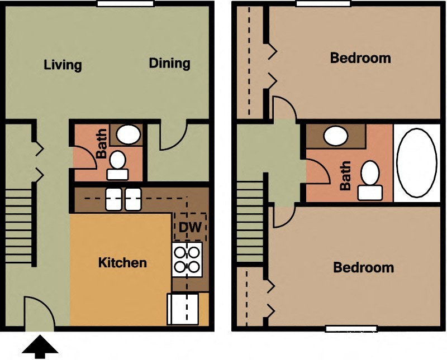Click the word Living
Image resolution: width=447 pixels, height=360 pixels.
63,65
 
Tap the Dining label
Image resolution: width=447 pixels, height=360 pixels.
169,63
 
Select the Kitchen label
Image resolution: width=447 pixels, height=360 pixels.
122,262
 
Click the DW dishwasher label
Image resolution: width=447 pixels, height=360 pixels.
190,227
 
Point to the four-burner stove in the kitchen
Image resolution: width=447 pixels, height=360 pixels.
187,260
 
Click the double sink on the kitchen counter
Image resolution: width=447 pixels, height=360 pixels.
123,199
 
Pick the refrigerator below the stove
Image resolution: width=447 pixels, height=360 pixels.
183,309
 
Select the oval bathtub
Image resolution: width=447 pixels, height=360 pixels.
416,162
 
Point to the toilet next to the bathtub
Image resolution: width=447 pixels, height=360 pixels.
370,180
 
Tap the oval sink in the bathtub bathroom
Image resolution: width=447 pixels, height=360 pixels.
336,136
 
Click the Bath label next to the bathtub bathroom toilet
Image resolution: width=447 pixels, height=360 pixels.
346,175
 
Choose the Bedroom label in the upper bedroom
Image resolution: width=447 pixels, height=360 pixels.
360,57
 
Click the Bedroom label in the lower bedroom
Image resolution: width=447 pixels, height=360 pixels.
363,268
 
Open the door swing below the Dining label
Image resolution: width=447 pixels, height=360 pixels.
173,136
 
